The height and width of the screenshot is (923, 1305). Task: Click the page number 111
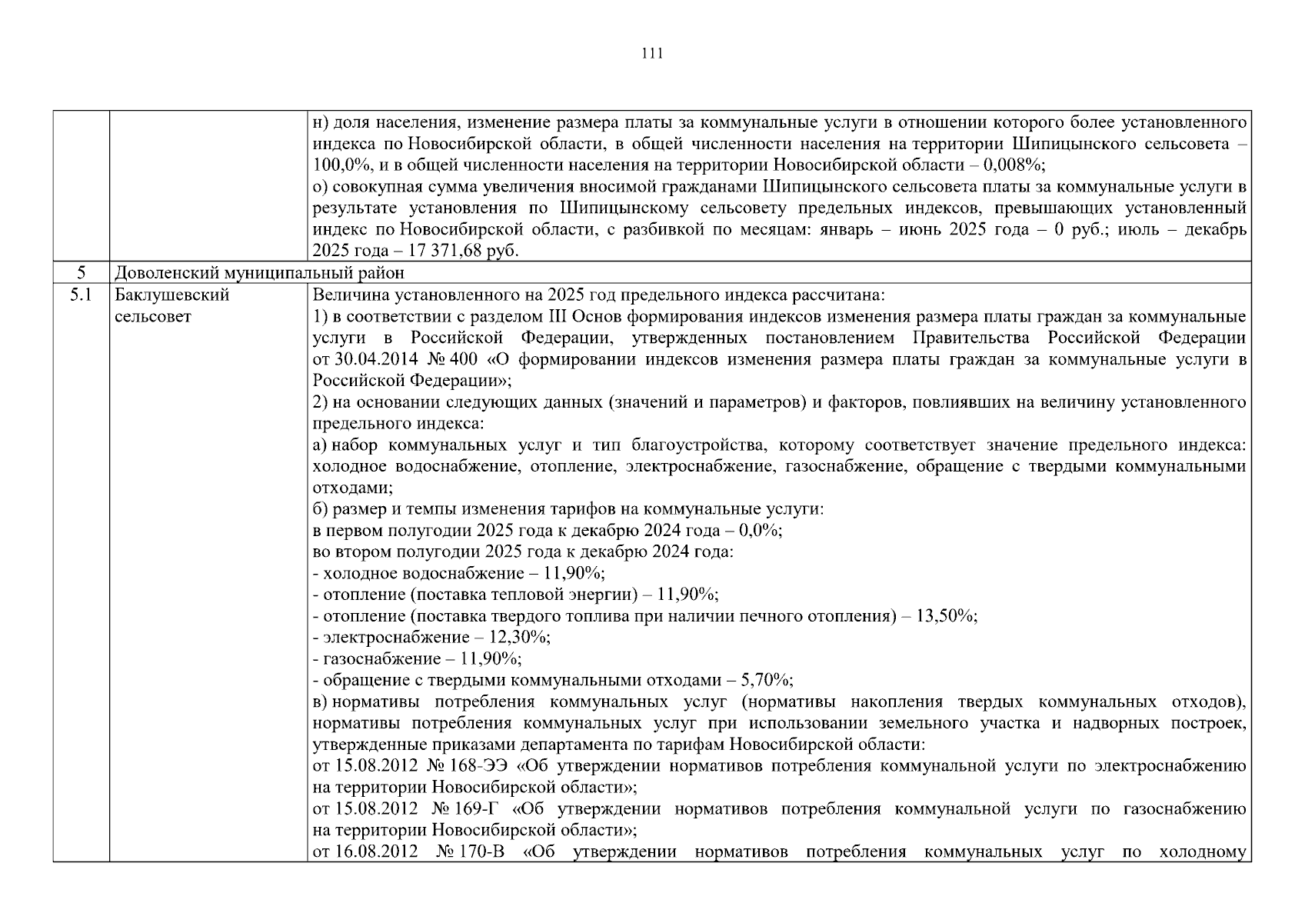coord(652,54)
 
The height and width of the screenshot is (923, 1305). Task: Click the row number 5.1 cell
coord(81,295)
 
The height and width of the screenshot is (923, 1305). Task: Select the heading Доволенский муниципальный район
coord(259,273)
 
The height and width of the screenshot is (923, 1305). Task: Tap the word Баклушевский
coord(171,295)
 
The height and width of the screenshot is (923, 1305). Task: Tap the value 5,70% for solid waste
coord(766,681)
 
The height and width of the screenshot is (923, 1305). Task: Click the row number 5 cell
coord(81,273)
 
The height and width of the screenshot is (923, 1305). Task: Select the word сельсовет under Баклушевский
coord(152,317)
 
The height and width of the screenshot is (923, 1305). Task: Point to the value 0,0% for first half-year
coord(760,531)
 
